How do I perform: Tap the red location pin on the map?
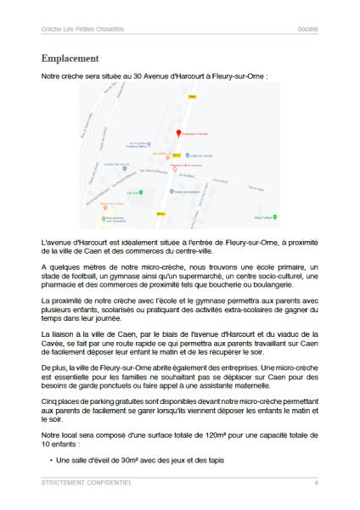[178, 132]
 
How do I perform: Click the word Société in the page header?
[307, 29]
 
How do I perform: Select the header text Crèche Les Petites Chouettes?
[82, 29]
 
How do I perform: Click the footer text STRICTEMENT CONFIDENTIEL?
[86, 482]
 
